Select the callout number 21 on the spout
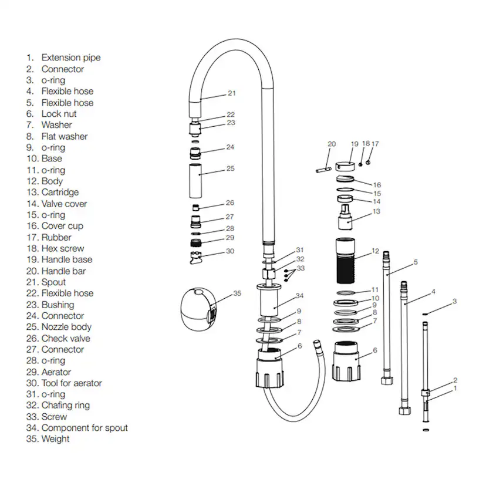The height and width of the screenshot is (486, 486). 231,93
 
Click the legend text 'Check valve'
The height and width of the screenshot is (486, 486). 66,338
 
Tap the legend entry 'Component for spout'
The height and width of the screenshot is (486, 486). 84,428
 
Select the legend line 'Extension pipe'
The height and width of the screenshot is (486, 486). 70,58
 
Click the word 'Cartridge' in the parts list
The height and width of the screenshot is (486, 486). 59,192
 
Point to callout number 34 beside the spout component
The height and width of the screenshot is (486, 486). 299,295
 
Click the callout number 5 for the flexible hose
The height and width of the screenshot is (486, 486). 415,262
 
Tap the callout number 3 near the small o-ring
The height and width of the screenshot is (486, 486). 454,302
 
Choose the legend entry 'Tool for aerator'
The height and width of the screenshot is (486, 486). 71,383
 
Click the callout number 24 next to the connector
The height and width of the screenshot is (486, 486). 230,147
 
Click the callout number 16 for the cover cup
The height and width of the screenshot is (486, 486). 377,185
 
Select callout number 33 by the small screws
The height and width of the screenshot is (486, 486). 301,268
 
